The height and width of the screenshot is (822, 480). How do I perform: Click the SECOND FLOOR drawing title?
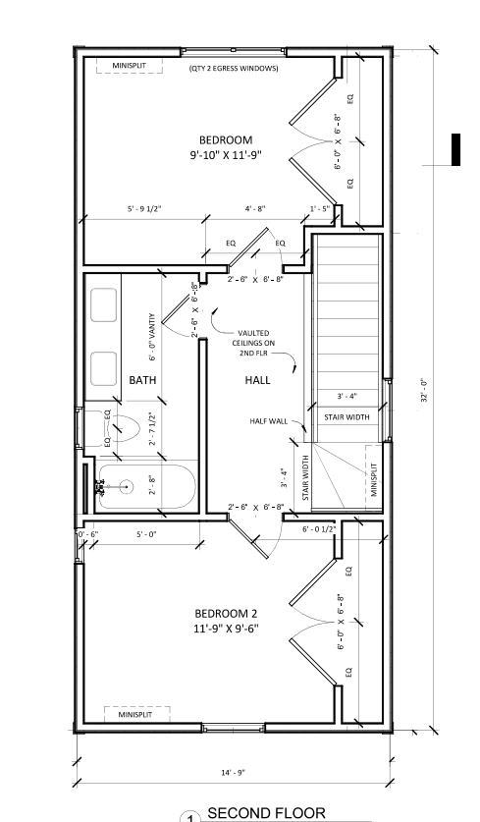click(x=265, y=813)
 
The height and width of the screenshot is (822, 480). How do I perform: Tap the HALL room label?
click(x=258, y=379)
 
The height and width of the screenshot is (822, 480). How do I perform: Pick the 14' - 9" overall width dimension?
click(x=234, y=772)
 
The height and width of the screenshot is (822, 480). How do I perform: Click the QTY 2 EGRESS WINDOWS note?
click(x=234, y=69)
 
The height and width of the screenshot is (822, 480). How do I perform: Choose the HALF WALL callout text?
click(x=268, y=420)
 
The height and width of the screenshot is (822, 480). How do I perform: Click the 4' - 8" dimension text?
click(x=255, y=209)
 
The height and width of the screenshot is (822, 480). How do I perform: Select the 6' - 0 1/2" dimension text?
click(x=319, y=529)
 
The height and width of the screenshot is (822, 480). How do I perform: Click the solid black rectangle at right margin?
click(x=455, y=148)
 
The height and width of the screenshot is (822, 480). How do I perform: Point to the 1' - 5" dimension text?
click(x=320, y=209)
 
